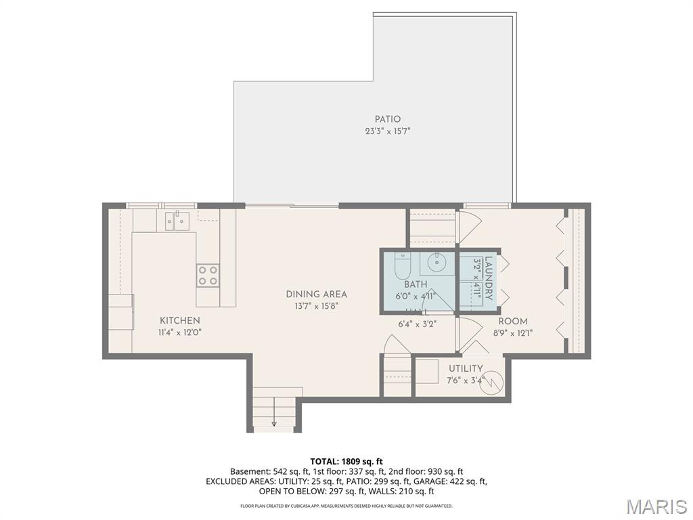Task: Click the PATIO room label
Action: tap(388, 119)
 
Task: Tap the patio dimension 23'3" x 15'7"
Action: tap(388, 131)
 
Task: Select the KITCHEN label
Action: tap(179, 320)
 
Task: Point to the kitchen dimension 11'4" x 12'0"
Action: tap(179, 332)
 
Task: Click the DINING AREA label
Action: tap(316, 294)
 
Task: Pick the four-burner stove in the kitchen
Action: tap(208, 275)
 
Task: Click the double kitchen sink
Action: tap(175, 221)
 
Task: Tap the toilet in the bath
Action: tap(401, 266)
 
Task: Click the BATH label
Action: tap(416, 284)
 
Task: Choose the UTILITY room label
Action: tap(466, 368)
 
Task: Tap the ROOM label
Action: tap(513, 321)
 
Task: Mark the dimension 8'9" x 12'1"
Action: tap(513, 332)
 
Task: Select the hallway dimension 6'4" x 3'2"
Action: tap(417, 324)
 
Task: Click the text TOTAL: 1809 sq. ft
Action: tap(346, 461)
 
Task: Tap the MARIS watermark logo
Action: tap(656, 506)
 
